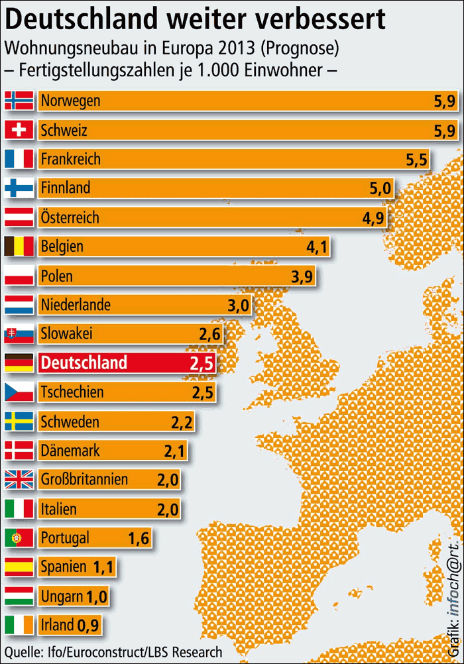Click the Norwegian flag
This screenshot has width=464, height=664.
tap(19, 100)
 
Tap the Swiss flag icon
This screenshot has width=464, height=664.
tap(19, 129)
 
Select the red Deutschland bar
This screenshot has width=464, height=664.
tap(126, 362)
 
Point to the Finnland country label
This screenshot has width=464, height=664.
tap(65, 188)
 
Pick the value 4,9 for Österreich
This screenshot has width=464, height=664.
tap(373, 217)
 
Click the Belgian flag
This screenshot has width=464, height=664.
tap(19, 247)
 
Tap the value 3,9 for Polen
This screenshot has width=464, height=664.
tap(302, 276)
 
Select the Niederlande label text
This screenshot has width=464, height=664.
tap(75, 305)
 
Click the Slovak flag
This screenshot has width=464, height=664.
tap(19, 334)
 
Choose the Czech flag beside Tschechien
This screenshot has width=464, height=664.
tap(19, 392)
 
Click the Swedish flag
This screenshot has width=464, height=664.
tap(19, 421)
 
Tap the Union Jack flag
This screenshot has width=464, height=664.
tap(19, 479)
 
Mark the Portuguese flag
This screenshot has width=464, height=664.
tap(19, 537)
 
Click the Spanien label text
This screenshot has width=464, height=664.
tap(63, 567)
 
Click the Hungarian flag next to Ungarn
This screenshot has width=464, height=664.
tap(19, 596)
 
